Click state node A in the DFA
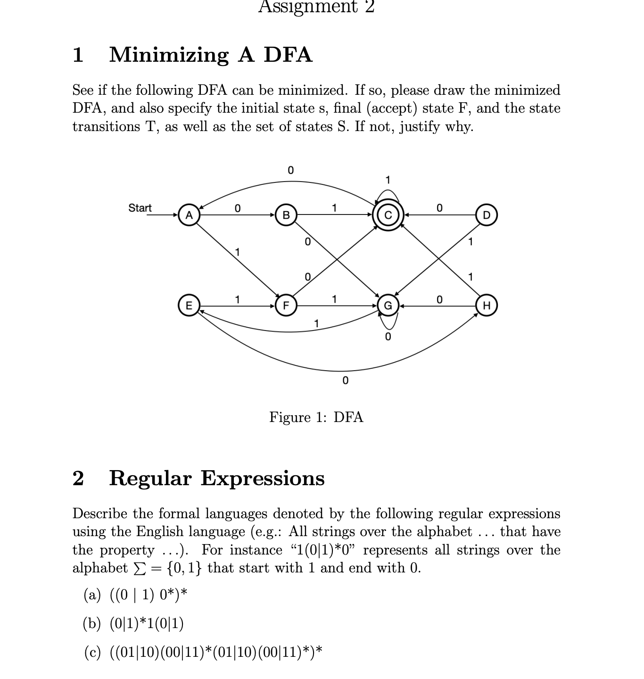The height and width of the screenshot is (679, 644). [x=189, y=215]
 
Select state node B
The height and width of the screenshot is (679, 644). [x=286, y=215]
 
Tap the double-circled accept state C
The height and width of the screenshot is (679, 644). [x=388, y=215]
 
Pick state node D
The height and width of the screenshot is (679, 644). [x=487, y=215]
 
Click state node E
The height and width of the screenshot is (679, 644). [x=189, y=306]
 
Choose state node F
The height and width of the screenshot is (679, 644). [x=286, y=306]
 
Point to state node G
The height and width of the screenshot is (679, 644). [x=388, y=306]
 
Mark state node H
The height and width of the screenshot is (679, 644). [x=487, y=306]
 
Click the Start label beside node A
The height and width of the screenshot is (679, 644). [x=140, y=208]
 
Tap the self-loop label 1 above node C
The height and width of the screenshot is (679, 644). [x=388, y=180]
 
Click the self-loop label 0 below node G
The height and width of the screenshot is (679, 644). [x=388, y=337]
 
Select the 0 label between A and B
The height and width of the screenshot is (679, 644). [x=237, y=208]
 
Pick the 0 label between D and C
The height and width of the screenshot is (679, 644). [x=439, y=208]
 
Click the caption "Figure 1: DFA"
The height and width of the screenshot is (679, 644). [x=316, y=417]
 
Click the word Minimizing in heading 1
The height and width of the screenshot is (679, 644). [x=169, y=55]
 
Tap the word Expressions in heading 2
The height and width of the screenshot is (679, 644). [x=263, y=478]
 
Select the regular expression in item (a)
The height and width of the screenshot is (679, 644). [x=149, y=595]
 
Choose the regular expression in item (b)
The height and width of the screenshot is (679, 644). [x=147, y=624]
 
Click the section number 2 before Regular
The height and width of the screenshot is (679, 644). [x=78, y=478]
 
